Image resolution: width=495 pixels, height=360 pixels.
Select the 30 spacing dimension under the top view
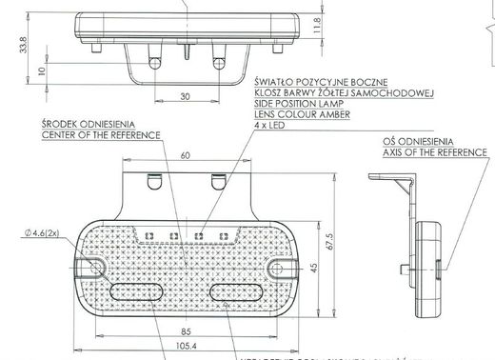184,95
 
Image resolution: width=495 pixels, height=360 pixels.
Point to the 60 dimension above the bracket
184,154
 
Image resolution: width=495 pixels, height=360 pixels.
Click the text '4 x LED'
272,125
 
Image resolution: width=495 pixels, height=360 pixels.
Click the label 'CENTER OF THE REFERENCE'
95,135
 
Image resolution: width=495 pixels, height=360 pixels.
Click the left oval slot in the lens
138,290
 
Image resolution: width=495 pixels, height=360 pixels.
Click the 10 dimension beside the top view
39,70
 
